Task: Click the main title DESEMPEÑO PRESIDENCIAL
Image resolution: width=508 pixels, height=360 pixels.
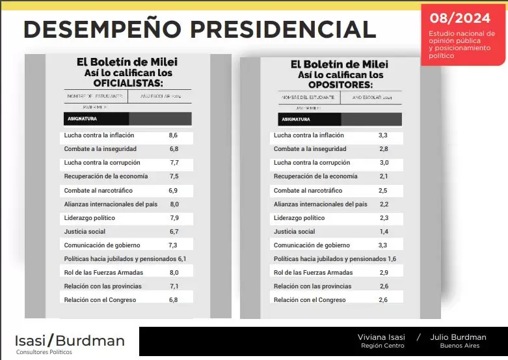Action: pyautogui.click(x=199, y=29)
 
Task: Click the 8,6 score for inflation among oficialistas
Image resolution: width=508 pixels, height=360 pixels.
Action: pyautogui.click(x=173, y=135)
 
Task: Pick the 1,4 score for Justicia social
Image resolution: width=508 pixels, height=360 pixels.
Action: pyautogui.click(x=383, y=232)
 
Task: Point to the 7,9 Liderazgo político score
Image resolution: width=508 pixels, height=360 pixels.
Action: pyautogui.click(x=174, y=218)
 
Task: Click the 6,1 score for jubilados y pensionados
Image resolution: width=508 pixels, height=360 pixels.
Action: pyautogui.click(x=182, y=259)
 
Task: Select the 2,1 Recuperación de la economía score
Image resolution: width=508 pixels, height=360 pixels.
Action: pyautogui.click(x=384, y=176)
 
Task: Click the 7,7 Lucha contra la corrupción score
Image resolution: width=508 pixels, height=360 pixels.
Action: pyautogui.click(x=174, y=163)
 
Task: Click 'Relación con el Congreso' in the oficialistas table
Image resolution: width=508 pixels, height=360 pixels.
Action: pyautogui.click(x=100, y=300)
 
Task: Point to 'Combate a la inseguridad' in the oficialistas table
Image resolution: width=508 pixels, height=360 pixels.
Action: pyautogui.click(x=100, y=149)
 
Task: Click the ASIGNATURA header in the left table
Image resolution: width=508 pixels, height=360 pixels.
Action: pyautogui.click(x=81, y=119)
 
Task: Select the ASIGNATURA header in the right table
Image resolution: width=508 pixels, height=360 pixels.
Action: pyautogui.click(x=295, y=120)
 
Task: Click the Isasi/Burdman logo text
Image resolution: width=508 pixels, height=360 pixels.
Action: pyautogui.click(x=70, y=340)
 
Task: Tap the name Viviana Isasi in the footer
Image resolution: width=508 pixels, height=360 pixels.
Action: pyautogui.click(x=381, y=337)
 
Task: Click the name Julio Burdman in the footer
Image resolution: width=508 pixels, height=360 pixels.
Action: pyautogui.click(x=459, y=337)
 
